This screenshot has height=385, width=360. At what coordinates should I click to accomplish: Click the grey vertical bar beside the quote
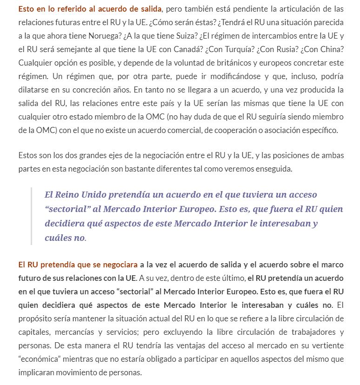coord(31,216)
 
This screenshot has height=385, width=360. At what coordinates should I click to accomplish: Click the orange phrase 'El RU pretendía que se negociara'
coord(78,265)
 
